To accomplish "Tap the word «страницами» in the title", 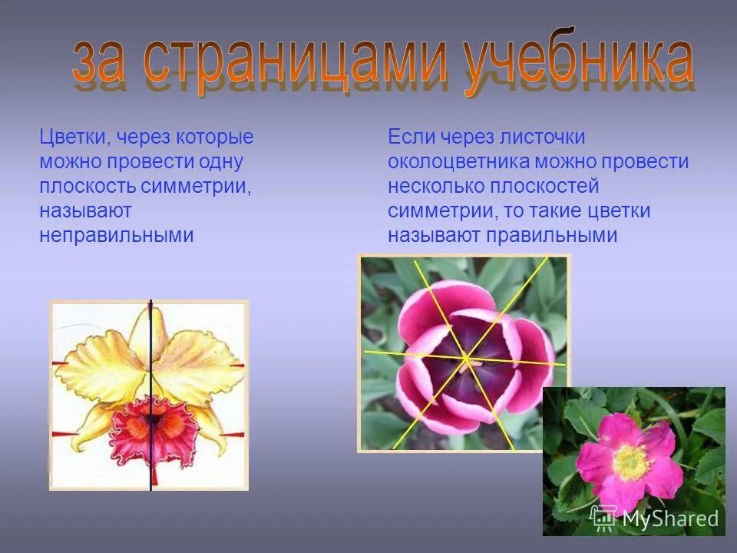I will pos(296,61).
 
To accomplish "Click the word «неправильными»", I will pos(116,236).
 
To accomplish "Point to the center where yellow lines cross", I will pos(465,357).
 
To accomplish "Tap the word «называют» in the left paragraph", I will pos(86,211).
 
